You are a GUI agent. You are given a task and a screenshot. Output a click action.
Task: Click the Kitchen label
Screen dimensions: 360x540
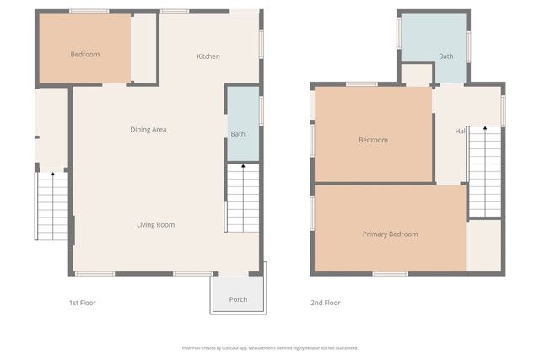pyautogui.click(x=208, y=56)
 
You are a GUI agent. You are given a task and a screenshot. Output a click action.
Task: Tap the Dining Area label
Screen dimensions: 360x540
pyautogui.click(x=148, y=129)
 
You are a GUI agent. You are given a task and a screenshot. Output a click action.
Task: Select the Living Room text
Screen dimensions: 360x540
pyautogui.click(x=156, y=224)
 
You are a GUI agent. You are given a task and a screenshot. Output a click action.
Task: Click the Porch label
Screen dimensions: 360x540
pyautogui.click(x=238, y=299)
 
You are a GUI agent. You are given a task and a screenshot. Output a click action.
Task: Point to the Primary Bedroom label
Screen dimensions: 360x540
pyautogui.click(x=390, y=234)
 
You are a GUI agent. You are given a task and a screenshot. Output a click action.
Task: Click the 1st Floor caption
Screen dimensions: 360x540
pyautogui.click(x=82, y=302)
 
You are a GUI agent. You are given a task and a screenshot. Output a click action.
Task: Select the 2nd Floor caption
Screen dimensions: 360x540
pyautogui.click(x=326, y=302)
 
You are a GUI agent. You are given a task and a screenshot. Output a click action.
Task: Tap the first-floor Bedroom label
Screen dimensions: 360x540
pyautogui.click(x=84, y=55)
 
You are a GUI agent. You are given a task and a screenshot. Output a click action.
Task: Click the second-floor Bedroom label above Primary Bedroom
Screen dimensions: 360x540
pyautogui.click(x=373, y=140)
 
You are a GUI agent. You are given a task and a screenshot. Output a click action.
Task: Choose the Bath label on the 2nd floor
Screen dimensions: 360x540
pyautogui.click(x=445, y=56)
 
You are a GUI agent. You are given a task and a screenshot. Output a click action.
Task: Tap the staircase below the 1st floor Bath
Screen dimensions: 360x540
pyautogui.click(x=242, y=198)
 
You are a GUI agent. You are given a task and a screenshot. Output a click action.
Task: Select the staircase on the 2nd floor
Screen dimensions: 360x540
pyautogui.click(x=484, y=173)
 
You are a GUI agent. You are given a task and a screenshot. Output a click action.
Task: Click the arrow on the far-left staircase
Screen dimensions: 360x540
pyautogui.click(x=52, y=175)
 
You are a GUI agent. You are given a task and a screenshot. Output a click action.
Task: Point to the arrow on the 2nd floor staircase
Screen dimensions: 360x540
pyautogui.click(x=485, y=129)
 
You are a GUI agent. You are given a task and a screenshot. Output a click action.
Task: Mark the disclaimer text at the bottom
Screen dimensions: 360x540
pyautogui.click(x=270, y=347)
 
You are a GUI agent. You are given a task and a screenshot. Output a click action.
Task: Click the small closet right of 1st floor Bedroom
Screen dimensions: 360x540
pyautogui.click(x=144, y=49)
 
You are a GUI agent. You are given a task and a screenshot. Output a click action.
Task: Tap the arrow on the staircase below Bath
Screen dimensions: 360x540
pyautogui.click(x=243, y=168)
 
